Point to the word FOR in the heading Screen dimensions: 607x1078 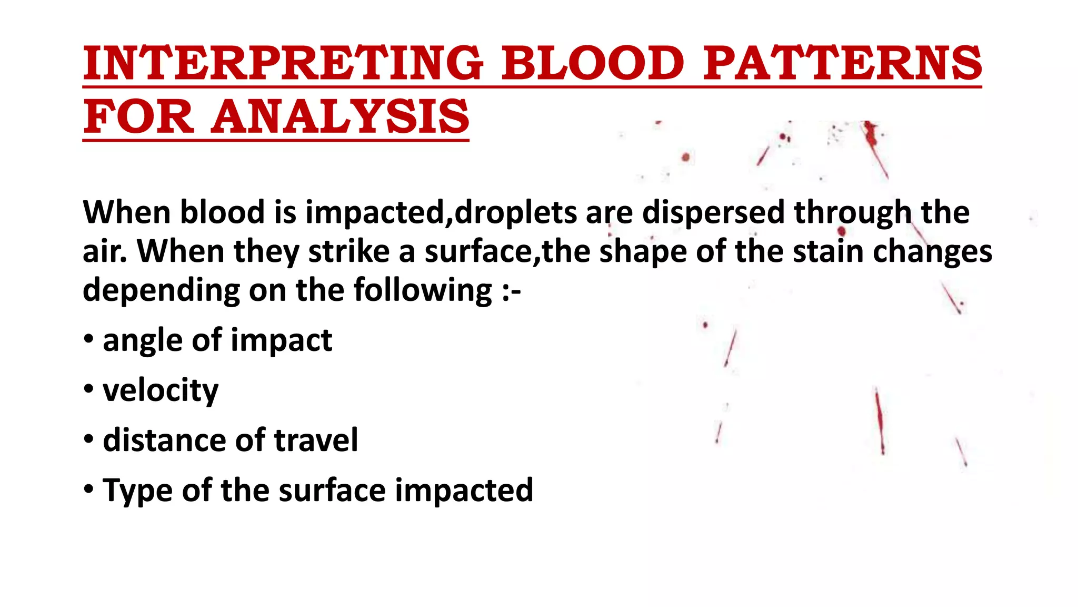(139, 117)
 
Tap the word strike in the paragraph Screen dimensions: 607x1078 (348, 252)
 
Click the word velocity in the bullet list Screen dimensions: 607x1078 (161, 391)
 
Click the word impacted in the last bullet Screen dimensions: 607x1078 (464, 491)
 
